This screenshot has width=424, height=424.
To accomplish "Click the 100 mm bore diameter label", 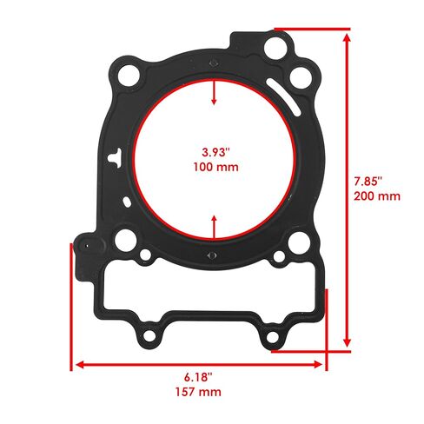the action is (x=216, y=167).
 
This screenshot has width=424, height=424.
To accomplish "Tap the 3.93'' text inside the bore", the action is (x=215, y=152).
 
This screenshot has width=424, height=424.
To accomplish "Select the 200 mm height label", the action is (x=377, y=196).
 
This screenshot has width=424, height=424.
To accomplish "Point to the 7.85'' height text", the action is (x=368, y=182).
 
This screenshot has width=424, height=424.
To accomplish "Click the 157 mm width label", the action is (x=198, y=392).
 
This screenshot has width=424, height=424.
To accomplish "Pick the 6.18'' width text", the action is (x=198, y=377).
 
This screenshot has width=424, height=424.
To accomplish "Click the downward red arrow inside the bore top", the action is (x=214, y=92).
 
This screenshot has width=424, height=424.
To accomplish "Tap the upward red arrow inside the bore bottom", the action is (x=214, y=228).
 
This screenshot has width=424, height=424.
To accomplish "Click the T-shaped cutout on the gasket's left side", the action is (x=116, y=158).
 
